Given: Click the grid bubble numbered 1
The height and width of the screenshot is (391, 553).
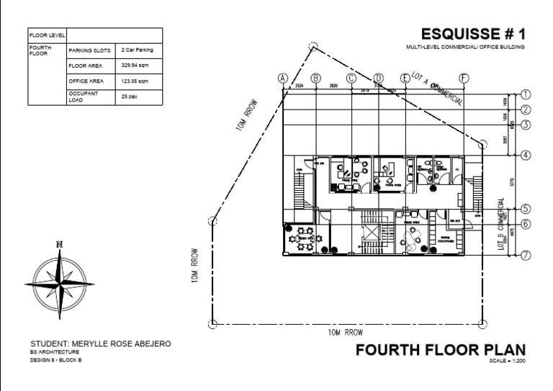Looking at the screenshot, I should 526,94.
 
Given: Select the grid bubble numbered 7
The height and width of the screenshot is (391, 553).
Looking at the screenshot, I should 526,255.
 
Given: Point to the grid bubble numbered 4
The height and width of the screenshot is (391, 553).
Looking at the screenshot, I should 526,155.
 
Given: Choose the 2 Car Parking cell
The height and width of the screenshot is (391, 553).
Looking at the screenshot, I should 138,50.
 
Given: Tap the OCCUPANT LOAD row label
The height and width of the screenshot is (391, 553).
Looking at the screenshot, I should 82,97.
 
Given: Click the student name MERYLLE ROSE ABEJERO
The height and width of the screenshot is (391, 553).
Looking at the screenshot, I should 101,343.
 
